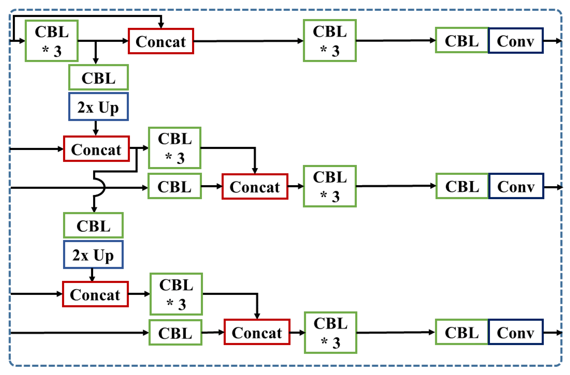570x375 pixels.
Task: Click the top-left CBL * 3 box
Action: coord(51,41)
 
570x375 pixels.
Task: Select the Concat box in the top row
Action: coord(161,41)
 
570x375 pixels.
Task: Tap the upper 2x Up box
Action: coord(98,107)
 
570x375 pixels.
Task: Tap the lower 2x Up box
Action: coord(93,255)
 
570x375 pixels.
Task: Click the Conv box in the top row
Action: coord(516,41)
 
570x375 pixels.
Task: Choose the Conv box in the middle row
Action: coord(516,186)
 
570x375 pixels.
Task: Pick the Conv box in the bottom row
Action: coord(516,332)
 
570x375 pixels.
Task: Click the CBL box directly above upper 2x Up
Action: coord(98,78)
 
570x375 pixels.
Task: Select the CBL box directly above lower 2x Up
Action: coord(93,225)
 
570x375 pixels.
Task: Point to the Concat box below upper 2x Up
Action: coord(96,149)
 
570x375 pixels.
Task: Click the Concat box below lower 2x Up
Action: coord(95,294)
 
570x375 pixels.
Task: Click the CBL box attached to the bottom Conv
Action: coord(462,332)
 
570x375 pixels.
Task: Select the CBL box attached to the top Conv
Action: coord(462,41)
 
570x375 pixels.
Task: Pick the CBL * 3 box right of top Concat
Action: coord(330,41)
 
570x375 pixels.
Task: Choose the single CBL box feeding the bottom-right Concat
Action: coord(175,333)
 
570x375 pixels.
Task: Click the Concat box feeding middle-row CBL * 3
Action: coord(255,187)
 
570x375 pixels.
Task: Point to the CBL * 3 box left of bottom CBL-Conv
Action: coord(330,333)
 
